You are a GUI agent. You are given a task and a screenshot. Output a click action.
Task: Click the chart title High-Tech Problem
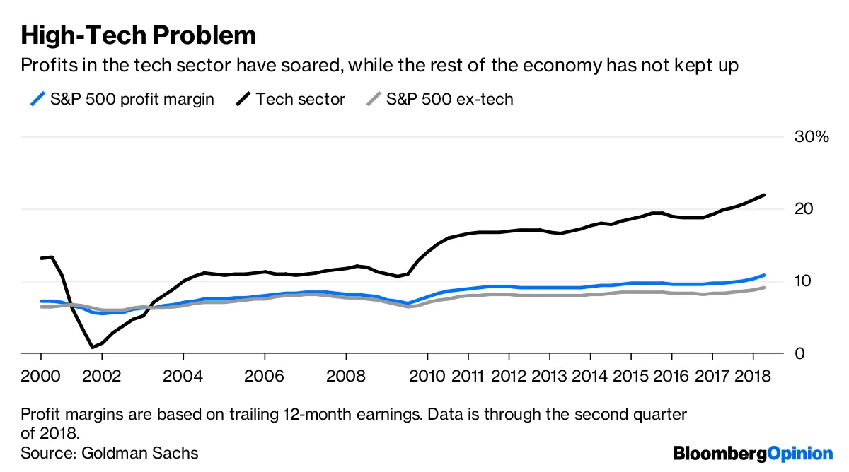(x=138, y=35)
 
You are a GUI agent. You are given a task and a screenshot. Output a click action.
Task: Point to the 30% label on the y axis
(x=811, y=137)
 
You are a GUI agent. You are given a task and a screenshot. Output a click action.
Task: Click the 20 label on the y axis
(x=803, y=209)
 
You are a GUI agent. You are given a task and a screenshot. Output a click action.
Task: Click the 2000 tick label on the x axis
(x=41, y=374)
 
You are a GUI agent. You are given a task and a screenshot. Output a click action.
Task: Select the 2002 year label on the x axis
(x=102, y=374)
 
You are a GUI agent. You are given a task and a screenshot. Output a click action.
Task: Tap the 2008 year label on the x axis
(x=345, y=374)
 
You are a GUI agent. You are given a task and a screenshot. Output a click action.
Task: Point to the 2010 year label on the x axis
(x=427, y=374)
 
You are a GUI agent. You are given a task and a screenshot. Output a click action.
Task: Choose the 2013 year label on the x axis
(x=549, y=374)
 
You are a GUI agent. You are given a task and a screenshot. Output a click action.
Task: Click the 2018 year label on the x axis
(x=752, y=374)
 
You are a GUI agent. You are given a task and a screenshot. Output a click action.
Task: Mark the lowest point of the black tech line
(x=92, y=347)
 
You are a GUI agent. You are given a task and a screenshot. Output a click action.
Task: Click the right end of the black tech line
(x=765, y=195)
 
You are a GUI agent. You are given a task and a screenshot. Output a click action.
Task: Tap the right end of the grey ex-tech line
(x=764, y=288)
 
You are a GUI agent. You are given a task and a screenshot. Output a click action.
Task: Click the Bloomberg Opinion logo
(x=753, y=454)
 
